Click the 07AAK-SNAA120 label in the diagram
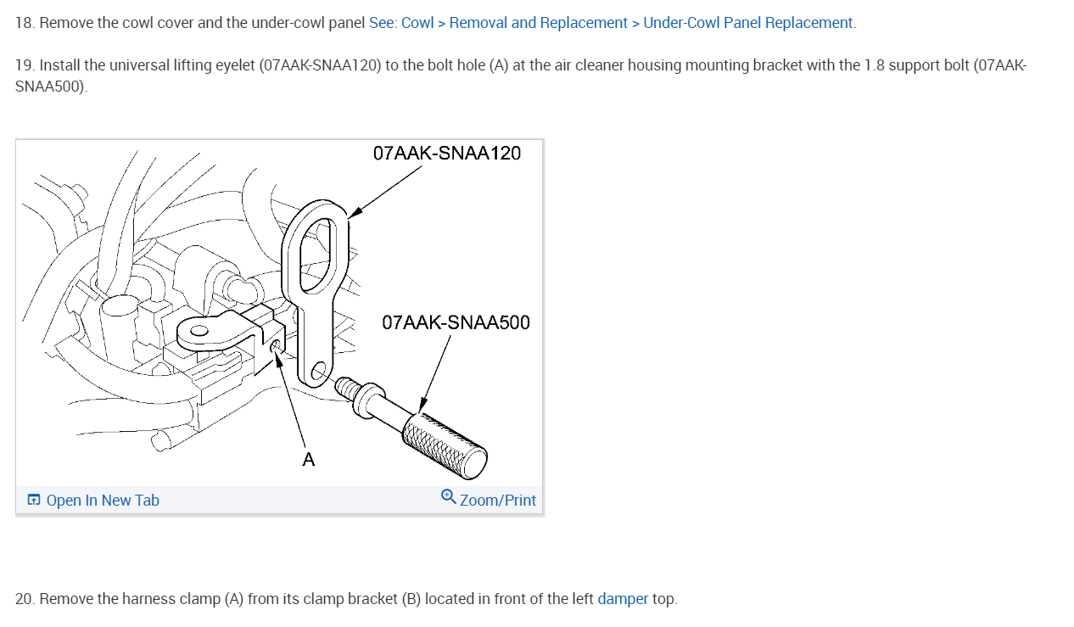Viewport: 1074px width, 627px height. pos(446,154)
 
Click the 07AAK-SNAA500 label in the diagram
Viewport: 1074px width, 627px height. pos(456,323)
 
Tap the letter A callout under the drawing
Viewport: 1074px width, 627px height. pos(308,460)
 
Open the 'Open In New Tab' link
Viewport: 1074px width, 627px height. pos(102,501)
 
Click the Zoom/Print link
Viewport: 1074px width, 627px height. pos(497,501)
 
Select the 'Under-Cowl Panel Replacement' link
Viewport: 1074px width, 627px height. pos(747,23)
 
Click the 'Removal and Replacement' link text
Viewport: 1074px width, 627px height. pos(538,23)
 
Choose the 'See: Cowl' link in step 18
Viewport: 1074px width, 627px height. pos(401,23)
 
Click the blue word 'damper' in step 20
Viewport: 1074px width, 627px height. pos(623,599)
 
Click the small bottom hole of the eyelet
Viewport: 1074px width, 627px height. pos(317,371)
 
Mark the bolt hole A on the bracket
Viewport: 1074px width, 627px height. pos(276,347)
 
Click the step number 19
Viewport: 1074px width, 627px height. pos(24,65)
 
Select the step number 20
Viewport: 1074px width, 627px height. pos(24,599)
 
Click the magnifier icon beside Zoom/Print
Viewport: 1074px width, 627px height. pos(449,496)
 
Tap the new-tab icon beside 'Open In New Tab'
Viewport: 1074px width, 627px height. pos(34,500)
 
